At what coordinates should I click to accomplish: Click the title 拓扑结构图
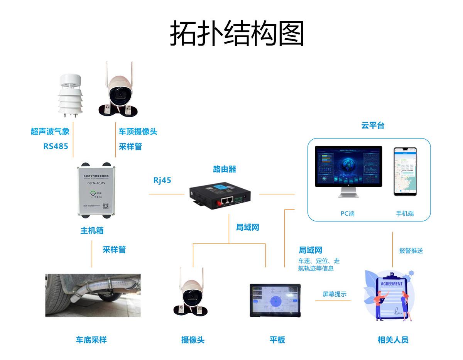237,34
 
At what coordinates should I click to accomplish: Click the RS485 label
56,146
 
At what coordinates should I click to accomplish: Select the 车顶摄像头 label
138,132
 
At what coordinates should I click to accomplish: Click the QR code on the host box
108,207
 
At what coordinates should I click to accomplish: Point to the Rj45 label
162,180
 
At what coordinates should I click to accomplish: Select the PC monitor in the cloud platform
348,167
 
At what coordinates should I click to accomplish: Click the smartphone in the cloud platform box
405,172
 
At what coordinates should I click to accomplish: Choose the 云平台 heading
373,125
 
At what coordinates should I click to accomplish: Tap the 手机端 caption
405,213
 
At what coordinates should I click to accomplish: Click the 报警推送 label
411,251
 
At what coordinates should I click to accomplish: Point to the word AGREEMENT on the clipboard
391,284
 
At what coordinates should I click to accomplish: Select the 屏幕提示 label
335,294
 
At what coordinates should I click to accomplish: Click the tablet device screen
275,301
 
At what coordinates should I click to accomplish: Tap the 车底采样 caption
91,340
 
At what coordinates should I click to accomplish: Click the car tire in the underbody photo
56,296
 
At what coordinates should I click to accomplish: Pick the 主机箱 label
92,231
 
